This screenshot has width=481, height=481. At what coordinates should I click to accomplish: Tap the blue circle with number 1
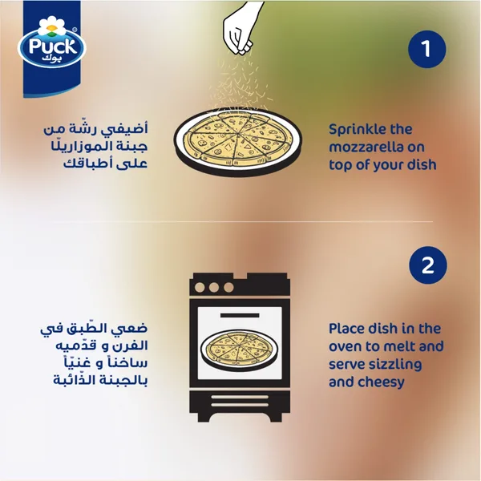[x=426, y=49]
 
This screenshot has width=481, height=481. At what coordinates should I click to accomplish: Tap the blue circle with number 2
[x=428, y=265]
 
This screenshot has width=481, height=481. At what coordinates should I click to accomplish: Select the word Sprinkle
[x=355, y=130]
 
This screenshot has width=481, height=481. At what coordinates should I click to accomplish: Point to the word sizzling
[x=395, y=365]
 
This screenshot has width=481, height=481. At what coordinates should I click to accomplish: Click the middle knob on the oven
[x=214, y=288]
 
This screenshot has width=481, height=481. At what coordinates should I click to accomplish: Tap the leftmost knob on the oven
[x=200, y=288]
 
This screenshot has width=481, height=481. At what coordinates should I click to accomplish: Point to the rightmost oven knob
[x=228, y=288]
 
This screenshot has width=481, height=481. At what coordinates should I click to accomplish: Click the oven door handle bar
[x=240, y=315]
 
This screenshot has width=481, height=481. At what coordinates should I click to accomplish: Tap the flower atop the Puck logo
[x=52, y=26]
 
